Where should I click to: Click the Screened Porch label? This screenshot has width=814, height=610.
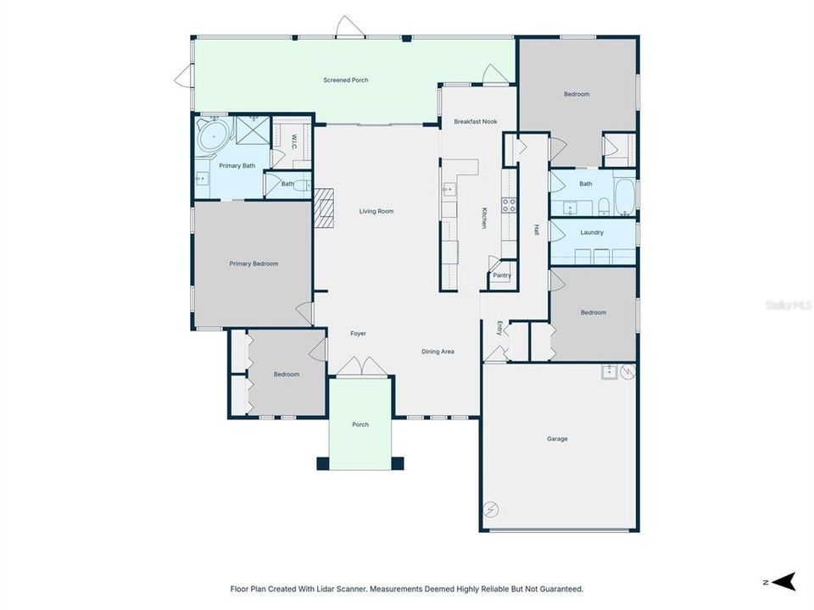coord(345,80)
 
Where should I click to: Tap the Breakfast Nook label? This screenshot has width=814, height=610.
coord(475,122)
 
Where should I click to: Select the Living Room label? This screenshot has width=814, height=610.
coord(376,211)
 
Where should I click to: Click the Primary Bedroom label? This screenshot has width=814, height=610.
coord(254,263)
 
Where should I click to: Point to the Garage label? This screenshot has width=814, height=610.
coord(557,439)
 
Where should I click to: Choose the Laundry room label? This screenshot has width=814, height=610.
coord(592,232)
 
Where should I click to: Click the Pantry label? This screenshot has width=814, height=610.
coord(502,275)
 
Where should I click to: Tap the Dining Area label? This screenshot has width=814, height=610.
coord(438,351)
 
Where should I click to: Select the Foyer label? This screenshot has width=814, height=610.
coord(359,334)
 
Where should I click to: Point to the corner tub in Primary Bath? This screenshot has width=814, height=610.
coord(213,135)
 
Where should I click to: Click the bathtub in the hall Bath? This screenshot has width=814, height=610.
coord(623,197)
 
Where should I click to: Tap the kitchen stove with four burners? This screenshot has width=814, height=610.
coord(510,204)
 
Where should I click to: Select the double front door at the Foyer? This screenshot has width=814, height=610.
coord(360,366)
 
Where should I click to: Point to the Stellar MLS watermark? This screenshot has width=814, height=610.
coord(788,303)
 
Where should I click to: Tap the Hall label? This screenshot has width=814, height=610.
coord(536,230)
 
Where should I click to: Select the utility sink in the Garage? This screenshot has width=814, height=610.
coord(609,371)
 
